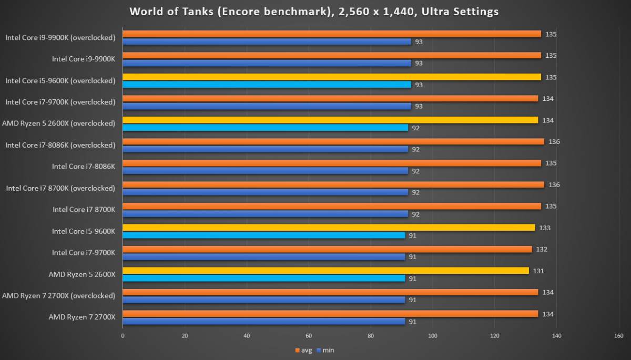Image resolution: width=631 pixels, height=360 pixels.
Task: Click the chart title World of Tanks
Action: tap(314, 11)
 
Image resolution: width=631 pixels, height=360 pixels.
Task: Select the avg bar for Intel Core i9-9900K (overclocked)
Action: tap(331, 34)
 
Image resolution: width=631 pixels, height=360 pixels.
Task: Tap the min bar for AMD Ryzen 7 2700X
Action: tap(263, 322)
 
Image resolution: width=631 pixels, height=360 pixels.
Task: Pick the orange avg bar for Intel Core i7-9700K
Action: tap(327, 249)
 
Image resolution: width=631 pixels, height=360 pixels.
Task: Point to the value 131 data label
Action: tap(538, 271)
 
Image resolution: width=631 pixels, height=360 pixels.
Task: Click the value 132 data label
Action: tap(542, 249)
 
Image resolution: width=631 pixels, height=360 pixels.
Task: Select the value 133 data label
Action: tap(545, 228)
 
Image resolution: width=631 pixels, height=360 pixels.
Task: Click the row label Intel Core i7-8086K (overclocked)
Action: tap(60, 145)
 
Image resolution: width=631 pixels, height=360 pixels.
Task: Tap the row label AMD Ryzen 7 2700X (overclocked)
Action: tap(58, 295)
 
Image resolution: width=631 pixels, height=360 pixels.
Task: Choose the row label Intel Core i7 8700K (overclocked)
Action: tap(60, 188)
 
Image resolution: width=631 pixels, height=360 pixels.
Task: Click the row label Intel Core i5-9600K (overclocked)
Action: tap(60, 80)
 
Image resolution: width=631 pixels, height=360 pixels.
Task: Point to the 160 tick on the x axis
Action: tap(618, 336)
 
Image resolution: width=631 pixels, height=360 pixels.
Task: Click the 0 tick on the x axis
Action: tap(123, 336)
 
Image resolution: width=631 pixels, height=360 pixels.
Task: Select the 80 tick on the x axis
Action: tap(371, 336)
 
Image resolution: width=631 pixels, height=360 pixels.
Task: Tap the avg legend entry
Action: tap(304, 350)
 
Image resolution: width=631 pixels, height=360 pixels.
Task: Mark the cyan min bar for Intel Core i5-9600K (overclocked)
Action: tap(267, 85)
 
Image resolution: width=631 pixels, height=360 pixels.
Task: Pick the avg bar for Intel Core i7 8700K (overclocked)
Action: tap(333, 184)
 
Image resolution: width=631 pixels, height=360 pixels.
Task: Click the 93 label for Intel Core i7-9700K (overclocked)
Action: tap(419, 106)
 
